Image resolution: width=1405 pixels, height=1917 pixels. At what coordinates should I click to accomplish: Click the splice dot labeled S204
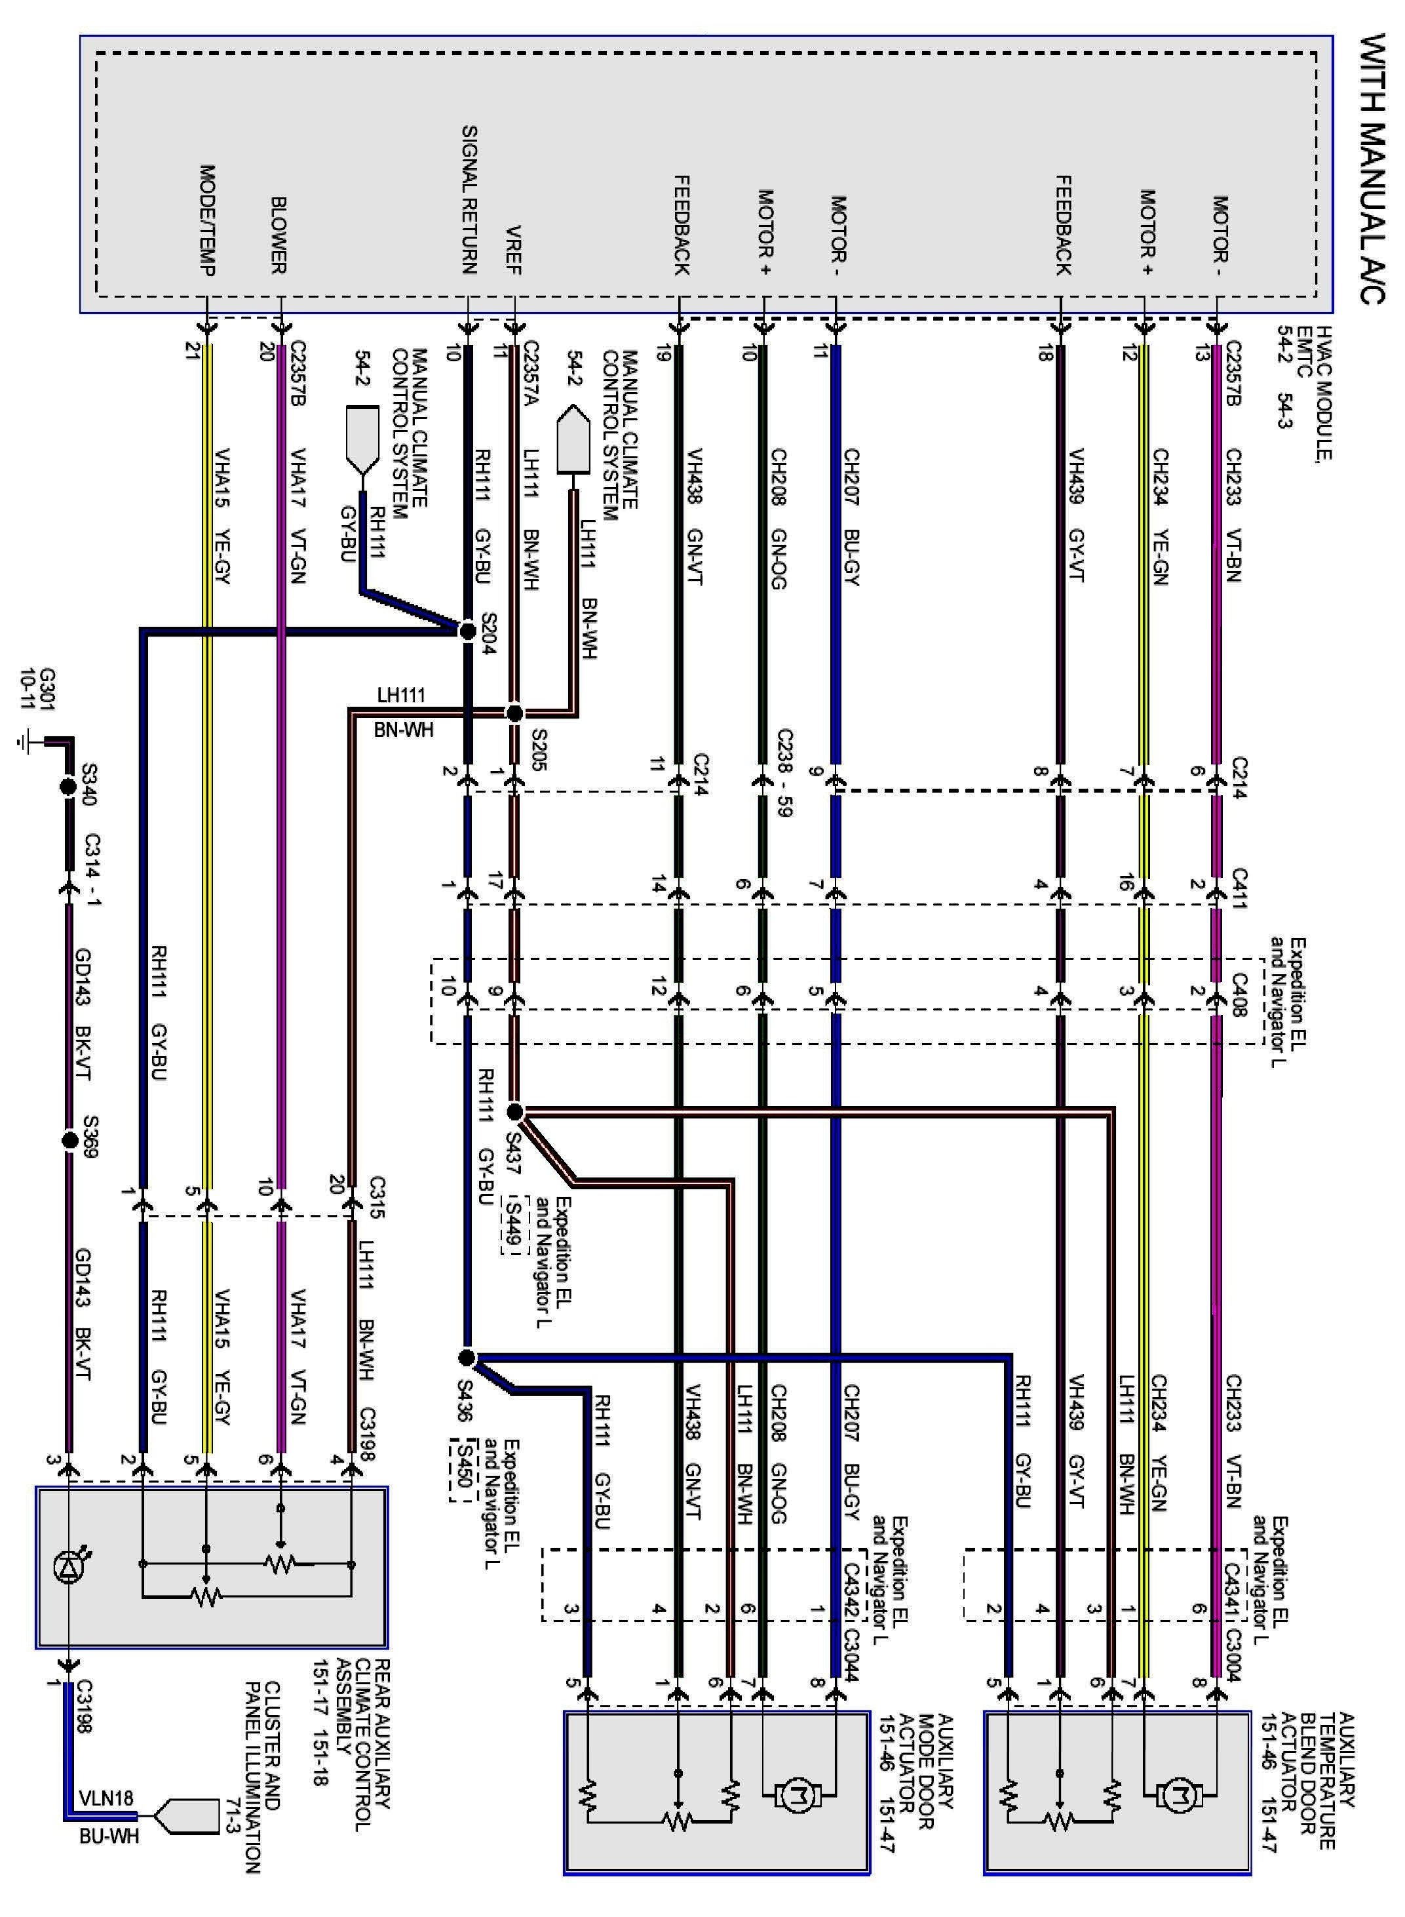pyautogui.click(x=467, y=631)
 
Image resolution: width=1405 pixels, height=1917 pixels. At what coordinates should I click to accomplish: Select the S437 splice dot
pyautogui.click(x=514, y=1112)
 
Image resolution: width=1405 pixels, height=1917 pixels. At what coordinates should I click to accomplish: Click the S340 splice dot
pyautogui.click(x=69, y=787)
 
